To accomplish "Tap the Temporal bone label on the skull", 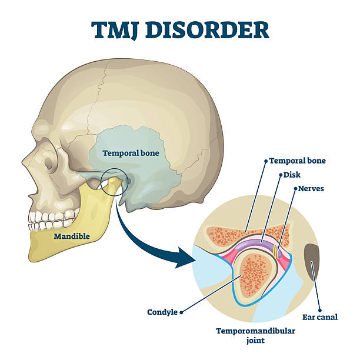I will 131,153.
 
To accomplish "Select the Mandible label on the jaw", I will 72,236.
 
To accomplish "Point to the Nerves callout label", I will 311,189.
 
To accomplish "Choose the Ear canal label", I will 321,316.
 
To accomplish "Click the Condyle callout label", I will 162,312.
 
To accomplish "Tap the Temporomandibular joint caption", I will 255,335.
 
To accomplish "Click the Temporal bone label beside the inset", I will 298,161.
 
